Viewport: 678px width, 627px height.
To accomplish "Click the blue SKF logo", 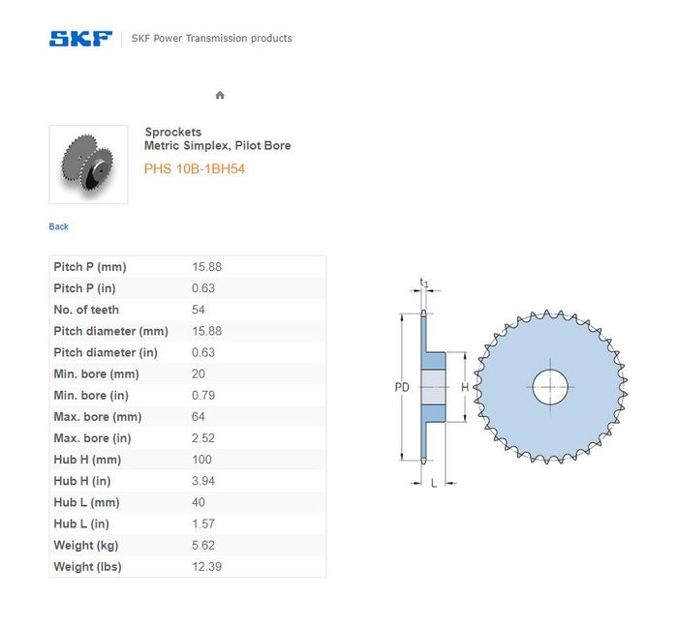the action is coord(80,39).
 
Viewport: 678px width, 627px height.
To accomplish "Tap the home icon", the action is coord(220,95).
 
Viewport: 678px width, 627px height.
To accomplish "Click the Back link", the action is coord(58,226).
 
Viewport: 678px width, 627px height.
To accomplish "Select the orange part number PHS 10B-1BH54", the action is coord(195,168).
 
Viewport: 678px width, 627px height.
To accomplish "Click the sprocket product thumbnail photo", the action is coord(88,164).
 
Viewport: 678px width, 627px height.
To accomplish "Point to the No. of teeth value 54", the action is coord(199,310).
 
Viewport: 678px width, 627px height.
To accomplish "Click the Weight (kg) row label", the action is coord(86,546).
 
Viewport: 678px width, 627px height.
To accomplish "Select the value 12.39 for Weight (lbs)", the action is coord(206,567).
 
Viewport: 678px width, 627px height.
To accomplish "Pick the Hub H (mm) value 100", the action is coord(201,460).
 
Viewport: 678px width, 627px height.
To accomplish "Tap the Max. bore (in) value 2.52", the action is coord(203,438).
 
